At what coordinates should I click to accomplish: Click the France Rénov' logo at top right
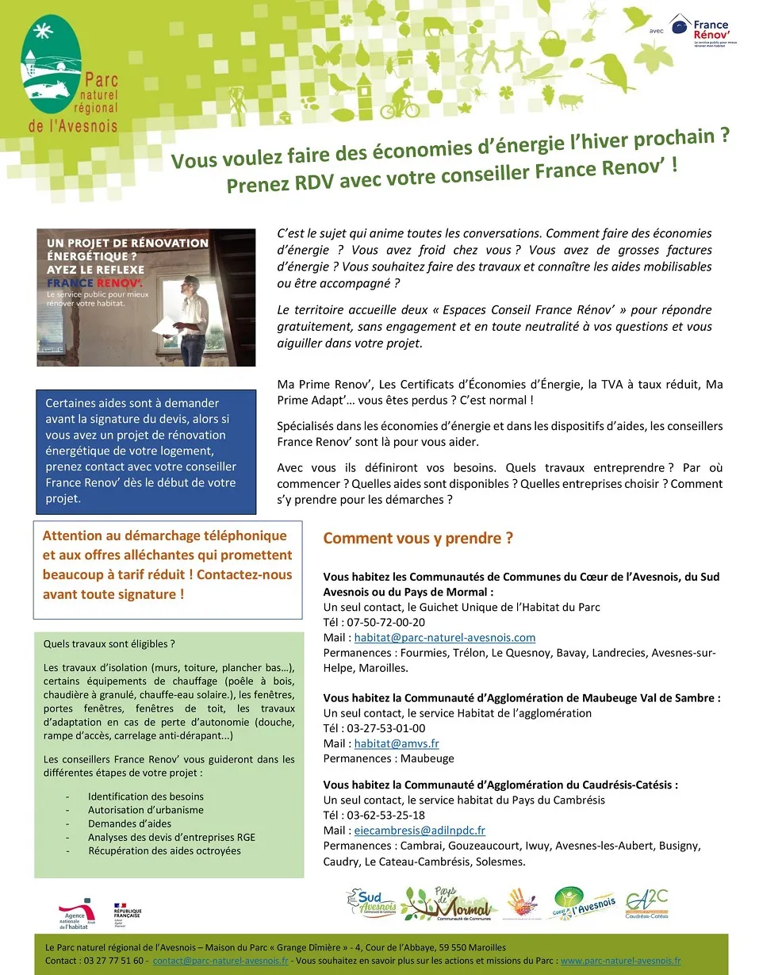tap(703, 30)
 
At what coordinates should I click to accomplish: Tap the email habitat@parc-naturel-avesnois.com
tap(444, 637)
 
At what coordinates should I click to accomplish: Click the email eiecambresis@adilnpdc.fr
tap(420, 831)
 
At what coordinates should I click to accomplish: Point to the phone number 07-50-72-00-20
tap(385, 622)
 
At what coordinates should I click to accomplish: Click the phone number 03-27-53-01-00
tap(385, 728)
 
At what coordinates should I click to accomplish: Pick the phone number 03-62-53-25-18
tap(385, 815)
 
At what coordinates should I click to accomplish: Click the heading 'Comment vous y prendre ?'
tap(418, 539)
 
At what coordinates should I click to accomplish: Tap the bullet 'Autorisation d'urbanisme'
tap(146, 810)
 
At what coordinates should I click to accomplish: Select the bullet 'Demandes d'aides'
tap(129, 823)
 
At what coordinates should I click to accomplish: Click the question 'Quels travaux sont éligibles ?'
tap(109, 643)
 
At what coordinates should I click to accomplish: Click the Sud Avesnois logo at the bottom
tap(371, 902)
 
